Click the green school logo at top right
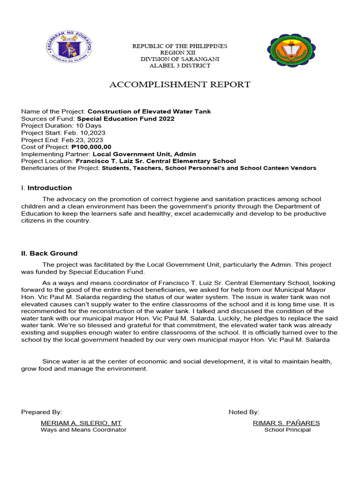point(291,49)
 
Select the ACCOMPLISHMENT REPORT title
point(180,84)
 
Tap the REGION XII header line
point(180,52)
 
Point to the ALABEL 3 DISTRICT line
point(180,66)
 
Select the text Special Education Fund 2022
point(126,119)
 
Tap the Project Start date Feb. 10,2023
point(81,133)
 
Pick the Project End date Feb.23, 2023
point(80,140)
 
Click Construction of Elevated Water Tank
point(149,112)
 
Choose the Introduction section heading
point(49,188)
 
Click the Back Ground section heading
point(49,253)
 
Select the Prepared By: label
point(41,412)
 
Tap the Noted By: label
point(244,412)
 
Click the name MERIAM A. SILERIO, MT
point(81,423)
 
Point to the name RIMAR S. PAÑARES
point(286,423)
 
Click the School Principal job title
point(287,430)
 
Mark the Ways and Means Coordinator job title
point(83,430)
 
